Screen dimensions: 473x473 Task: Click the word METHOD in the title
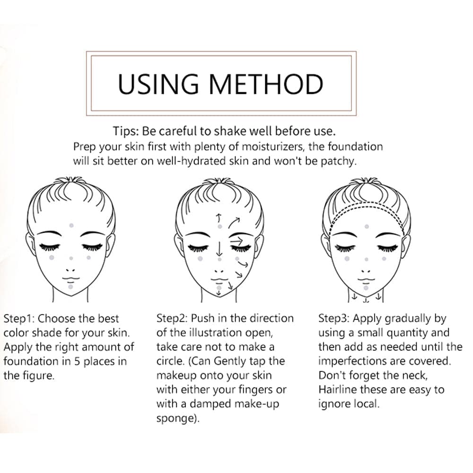tap(266, 84)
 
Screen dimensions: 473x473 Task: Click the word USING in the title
tap(158, 84)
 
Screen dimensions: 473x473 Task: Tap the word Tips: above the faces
tap(126, 131)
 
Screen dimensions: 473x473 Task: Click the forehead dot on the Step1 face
tap(71, 225)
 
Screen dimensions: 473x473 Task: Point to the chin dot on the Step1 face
tap(70, 286)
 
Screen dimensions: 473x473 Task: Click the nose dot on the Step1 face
tap(71, 258)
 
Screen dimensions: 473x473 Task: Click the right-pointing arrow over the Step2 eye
tap(236, 241)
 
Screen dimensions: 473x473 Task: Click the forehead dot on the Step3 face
tap(367, 226)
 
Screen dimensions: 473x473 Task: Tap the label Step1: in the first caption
tap(19, 319)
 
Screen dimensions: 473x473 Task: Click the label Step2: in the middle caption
tap(172, 318)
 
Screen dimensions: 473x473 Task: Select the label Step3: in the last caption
tap(334, 318)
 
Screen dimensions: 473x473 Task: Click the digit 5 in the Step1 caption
tap(77, 361)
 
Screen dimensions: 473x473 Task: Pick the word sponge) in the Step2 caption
tap(178, 419)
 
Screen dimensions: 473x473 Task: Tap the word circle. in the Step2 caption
tap(170, 361)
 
